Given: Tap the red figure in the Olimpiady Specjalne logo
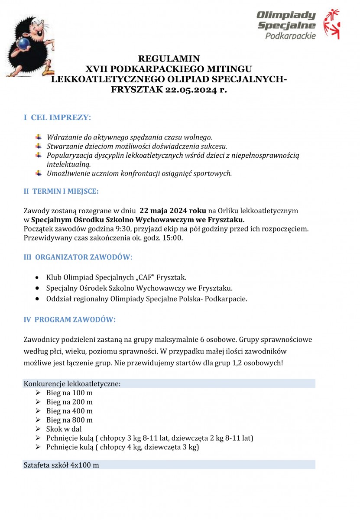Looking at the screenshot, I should pos(333,23).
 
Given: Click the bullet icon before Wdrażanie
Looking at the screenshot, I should pos(39,137).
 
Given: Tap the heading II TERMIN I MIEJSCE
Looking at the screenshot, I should pos(61,191).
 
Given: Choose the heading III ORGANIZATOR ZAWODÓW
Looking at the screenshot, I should pos(78,257).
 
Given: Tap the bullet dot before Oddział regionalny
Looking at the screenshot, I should pos(38,299).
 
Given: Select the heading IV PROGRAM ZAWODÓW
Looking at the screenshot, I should pos(70,320).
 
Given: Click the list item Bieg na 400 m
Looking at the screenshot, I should pos(69,411).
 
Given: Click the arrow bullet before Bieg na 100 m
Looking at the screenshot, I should pos(38,393).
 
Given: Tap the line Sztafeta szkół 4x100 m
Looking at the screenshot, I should pos(62,465).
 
